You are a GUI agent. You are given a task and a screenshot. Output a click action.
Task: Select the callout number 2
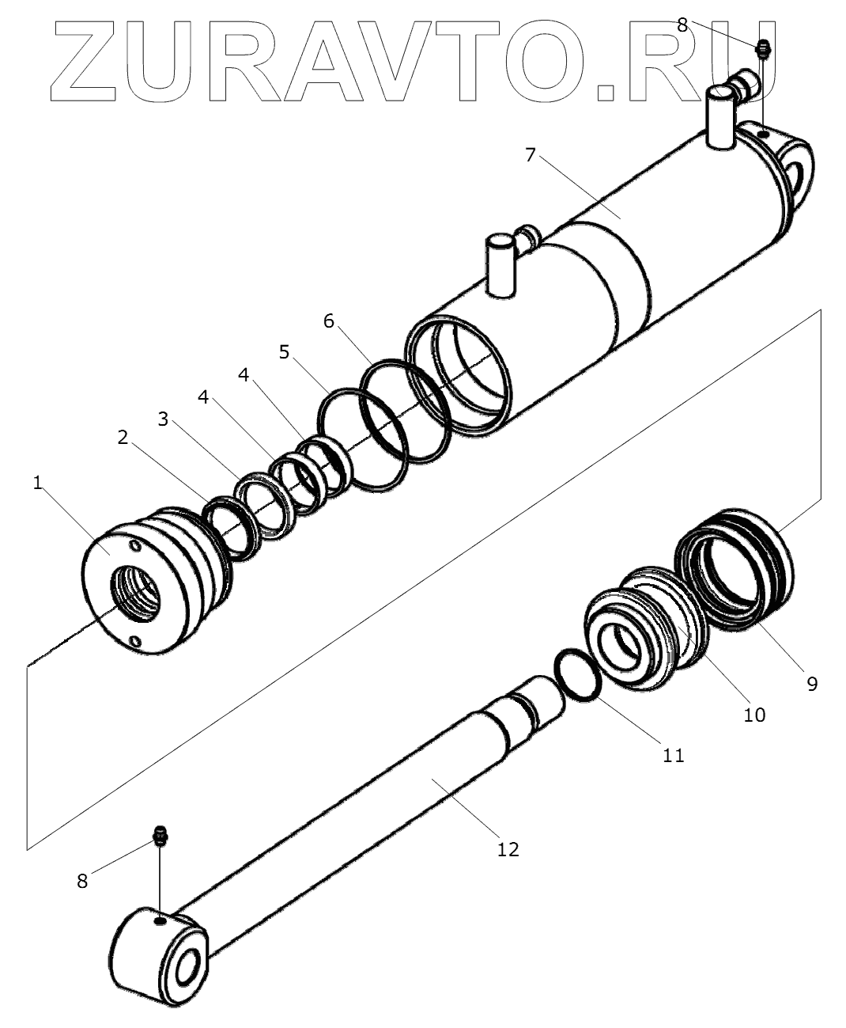tap(123, 437)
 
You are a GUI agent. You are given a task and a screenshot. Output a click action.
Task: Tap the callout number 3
tap(164, 419)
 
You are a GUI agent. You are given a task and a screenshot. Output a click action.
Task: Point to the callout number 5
tap(284, 351)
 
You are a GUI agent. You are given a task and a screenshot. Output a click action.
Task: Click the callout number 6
tap(329, 321)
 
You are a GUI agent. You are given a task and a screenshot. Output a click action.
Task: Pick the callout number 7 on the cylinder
tap(531, 154)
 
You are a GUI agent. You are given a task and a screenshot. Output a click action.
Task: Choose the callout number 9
tap(812, 683)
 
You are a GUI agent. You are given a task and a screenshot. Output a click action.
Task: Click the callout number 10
tap(754, 715)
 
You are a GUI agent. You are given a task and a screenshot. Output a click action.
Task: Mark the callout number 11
tap(673, 756)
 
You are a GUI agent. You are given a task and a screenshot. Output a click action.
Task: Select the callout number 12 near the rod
tap(508, 849)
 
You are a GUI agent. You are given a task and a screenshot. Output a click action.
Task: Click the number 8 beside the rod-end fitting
tap(82, 881)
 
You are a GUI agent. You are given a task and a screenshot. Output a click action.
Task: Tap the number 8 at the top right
tap(682, 24)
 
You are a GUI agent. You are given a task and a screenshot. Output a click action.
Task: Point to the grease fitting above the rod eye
tap(160, 836)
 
